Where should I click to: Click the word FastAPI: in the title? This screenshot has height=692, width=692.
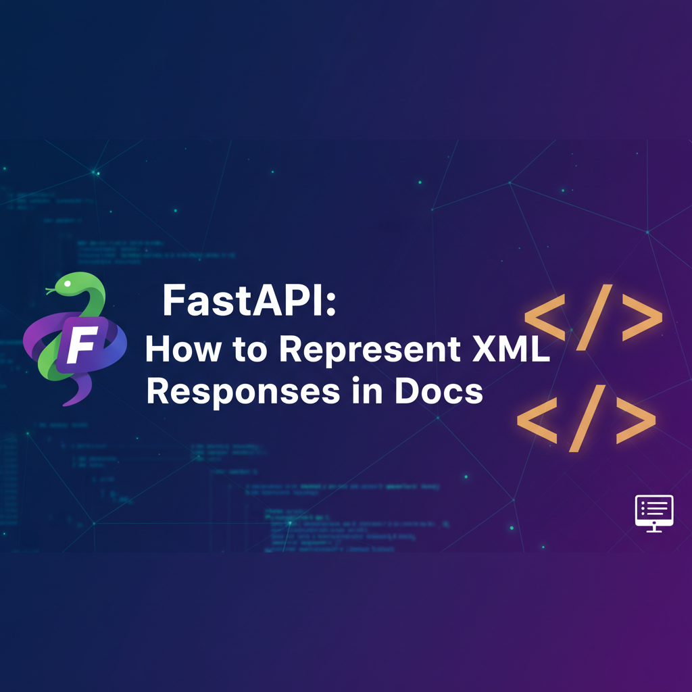click(x=248, y=301)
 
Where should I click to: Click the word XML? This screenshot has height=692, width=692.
click(x=512, y=350)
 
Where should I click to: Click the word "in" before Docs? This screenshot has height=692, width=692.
click(x=376, y=391)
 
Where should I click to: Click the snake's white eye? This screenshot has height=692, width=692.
click(x=68, y=281)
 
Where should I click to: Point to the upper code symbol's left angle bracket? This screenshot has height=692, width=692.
click(x=545, y=318)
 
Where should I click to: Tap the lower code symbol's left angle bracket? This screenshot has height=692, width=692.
click(x=537, y=419)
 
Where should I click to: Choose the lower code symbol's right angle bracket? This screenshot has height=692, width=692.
click(x=634, y=420)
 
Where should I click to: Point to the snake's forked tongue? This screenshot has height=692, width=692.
click(x=49, y=291)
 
